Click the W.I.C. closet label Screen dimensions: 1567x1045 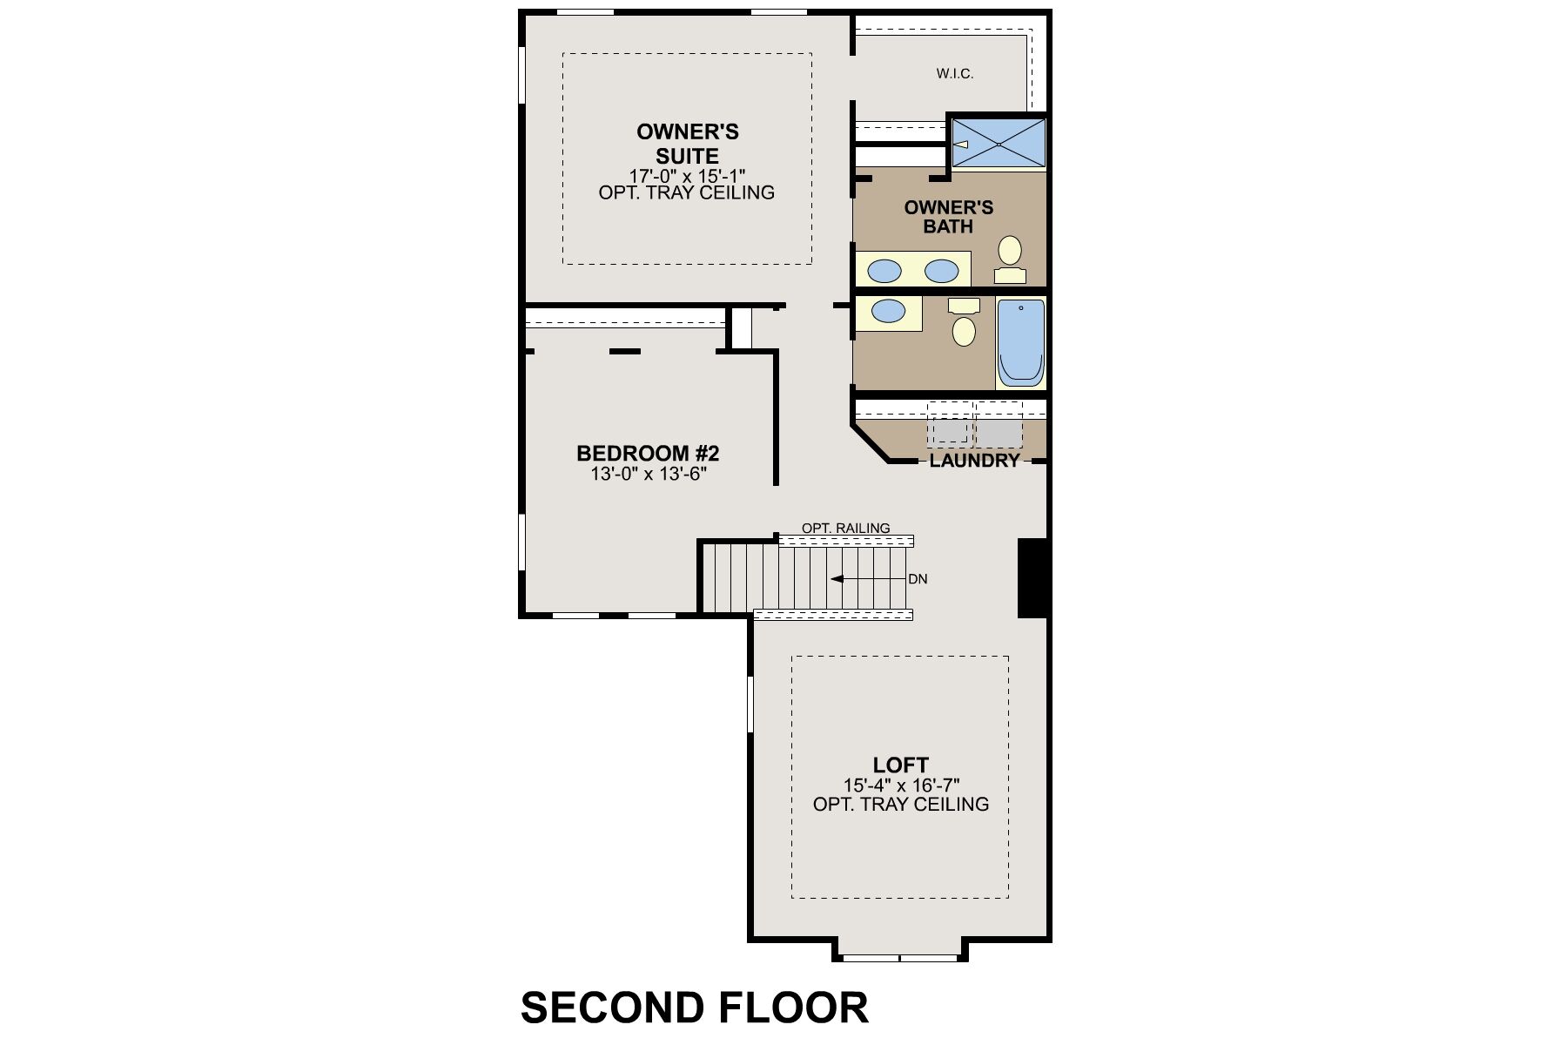click(x=955, y=74)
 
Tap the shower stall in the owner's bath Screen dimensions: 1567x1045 click(x=999, y=143)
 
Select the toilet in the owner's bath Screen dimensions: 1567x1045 click(x=1010, y=260)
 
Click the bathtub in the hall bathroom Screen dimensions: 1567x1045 click(x=1020, y=342)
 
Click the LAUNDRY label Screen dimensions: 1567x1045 click(x=974, y=461)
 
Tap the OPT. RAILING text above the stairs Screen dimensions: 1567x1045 click(x=846, y=528)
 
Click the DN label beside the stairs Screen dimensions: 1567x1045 click(x=918, y=579)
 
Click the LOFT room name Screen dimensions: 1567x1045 click(x=901, y=765)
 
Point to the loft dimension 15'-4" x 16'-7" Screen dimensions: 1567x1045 click(x=901, y=785)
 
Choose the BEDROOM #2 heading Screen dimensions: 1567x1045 click(x=648, y=454)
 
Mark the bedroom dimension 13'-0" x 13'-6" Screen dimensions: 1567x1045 click(x=649, y=475)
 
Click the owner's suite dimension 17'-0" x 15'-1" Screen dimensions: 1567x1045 click(x=687, y=176)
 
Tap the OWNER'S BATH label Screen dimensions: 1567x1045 click(x=949, y=217)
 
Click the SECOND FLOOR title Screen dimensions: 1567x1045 click(x=695, y=1008)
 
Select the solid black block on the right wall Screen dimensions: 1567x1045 click(x=1033, y=578)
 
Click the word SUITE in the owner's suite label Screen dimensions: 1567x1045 click(x=687, y=157)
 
